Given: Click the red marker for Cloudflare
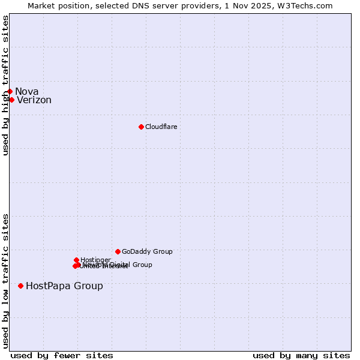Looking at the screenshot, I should click(141, 127).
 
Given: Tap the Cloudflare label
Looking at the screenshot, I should click(161, 127).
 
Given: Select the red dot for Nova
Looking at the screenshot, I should click(10, 91).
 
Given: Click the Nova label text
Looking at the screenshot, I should click(27, 91).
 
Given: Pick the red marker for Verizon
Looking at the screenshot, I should click(11, 100).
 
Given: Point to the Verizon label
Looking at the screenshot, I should click(34, 100).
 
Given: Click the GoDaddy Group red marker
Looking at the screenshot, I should click(118, 251).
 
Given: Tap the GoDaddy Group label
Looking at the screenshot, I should click(147, 252).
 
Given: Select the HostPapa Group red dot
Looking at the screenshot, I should click(20, 286).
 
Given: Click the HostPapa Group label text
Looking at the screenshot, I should click(64, 286).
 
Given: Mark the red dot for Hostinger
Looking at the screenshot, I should click(76, 260).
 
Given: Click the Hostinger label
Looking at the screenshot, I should click(95, 260).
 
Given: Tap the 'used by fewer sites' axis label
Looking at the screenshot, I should click(62, 355).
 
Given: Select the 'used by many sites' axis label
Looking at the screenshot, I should click(301, 355).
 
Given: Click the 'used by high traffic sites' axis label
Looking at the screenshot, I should click(5, 85).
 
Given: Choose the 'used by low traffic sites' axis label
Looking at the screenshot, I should click(5, 281).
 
